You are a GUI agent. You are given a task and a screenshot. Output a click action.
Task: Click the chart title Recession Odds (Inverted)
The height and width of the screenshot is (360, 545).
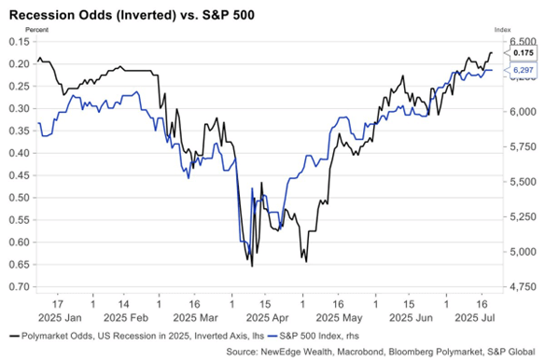[92, 15]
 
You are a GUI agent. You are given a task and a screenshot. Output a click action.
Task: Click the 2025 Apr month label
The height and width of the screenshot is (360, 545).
[267, 318]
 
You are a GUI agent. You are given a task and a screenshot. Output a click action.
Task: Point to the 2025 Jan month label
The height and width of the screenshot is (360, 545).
[60, 318]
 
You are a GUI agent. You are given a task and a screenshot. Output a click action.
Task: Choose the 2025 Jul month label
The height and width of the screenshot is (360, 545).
[475, 318]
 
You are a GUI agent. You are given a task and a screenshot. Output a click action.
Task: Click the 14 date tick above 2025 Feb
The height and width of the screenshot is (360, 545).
[124, 304]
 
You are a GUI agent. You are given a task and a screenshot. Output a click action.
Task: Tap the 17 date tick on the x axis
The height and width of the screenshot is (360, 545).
[58, 304]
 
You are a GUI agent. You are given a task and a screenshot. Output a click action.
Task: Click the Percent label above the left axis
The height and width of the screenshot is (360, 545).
[36, 30]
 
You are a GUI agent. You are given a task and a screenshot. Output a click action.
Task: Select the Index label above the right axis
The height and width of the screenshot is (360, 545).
[503, 30]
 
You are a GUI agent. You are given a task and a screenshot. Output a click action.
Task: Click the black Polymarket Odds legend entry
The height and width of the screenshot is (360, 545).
[136, 336]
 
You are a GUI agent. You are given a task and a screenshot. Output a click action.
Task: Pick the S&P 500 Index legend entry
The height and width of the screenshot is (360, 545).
[314, 336]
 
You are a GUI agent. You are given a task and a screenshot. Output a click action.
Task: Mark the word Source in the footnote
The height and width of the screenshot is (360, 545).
[240, 352]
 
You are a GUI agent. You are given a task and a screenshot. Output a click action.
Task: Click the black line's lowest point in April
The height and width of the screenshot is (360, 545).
[252, 266]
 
